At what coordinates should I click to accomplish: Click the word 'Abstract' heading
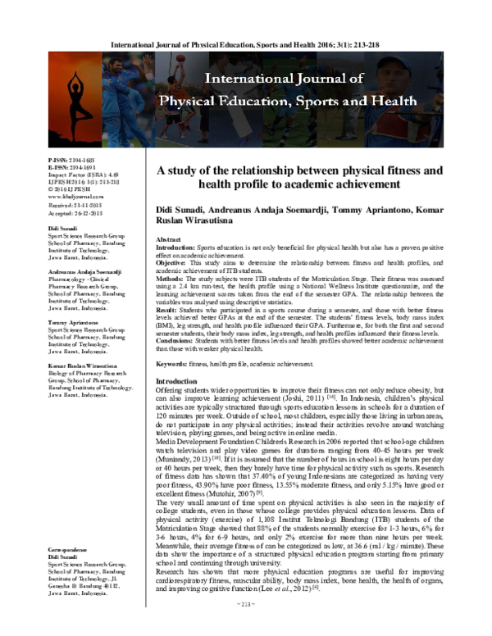tap(169, 237)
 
